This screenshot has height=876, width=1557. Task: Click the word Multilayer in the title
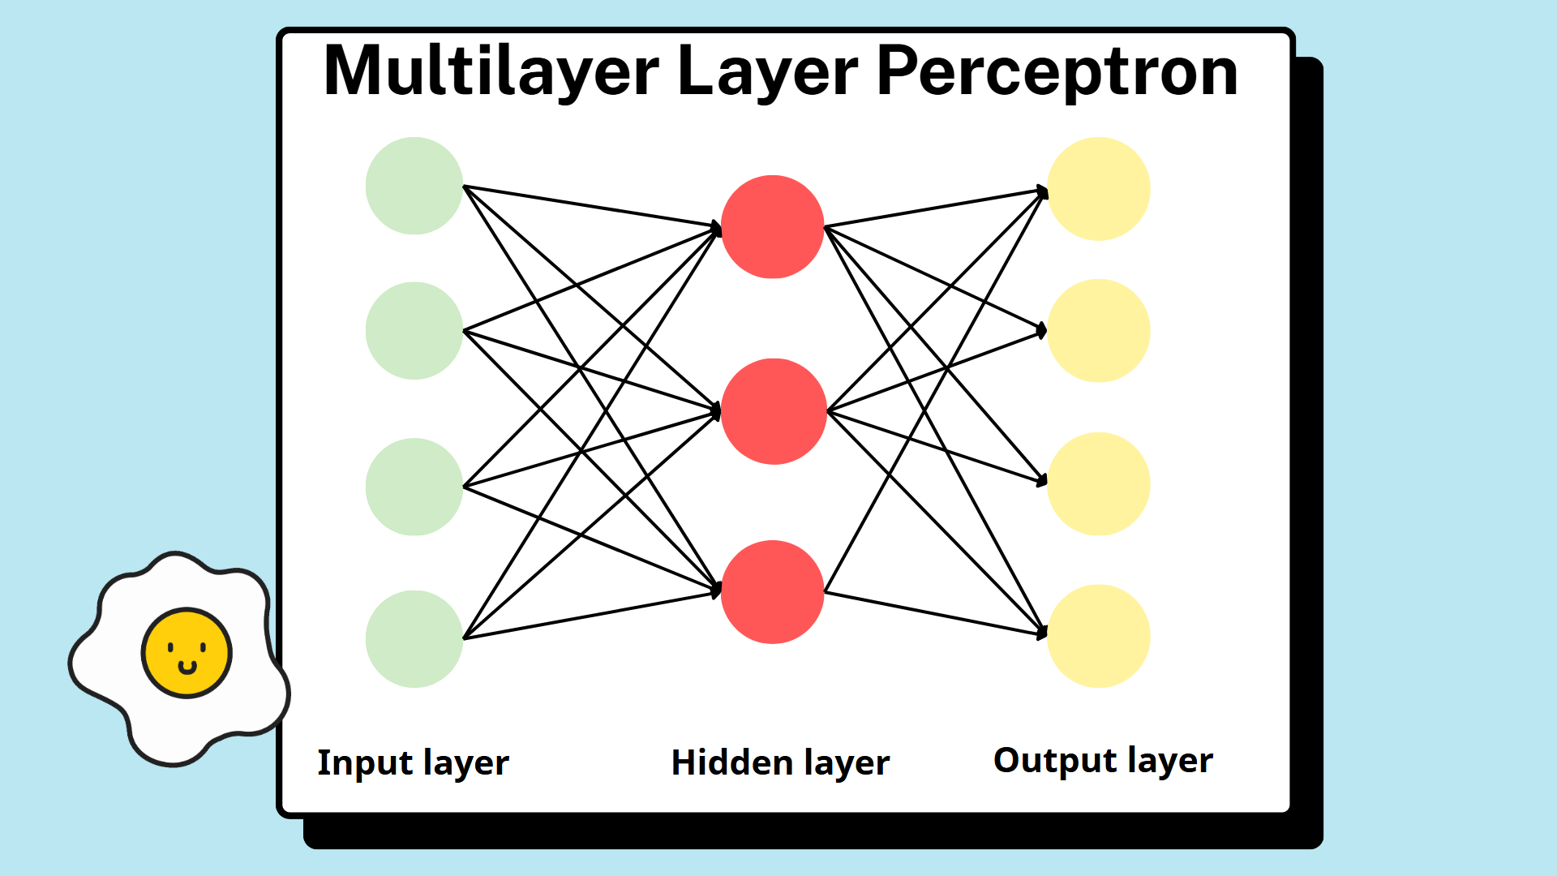click(491, 71)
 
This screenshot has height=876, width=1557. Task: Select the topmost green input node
click(414, 186)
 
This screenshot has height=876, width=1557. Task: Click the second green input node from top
click(414, 331)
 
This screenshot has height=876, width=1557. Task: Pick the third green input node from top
click(414, 487)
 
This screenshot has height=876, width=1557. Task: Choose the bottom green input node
click(414, 639)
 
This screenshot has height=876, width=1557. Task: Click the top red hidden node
click(773, 227)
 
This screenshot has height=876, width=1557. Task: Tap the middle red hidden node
click(774, 411)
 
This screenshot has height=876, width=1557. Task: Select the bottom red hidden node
click(773, 592)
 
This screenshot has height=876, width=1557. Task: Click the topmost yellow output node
click(1099, 189)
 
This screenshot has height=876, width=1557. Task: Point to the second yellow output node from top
click(1099, 331)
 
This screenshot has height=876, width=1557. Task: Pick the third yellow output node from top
click(1099, 484)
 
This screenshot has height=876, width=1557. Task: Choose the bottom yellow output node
click(1099, 636)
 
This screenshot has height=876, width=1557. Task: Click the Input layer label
click(413, 763)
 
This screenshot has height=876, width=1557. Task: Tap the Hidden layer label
click(780, 763)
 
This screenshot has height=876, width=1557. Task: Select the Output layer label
click(1103, 761)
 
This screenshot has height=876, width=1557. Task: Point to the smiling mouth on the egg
click(187, 668)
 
